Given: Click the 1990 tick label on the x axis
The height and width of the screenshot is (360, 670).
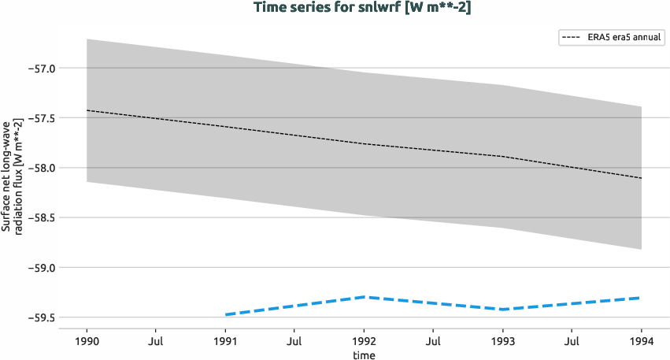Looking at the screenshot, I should tap(87, 343).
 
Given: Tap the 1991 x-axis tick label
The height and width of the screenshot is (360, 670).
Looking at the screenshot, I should tap(225, 343).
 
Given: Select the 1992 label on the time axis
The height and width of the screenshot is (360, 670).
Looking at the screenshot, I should tap(364, 343).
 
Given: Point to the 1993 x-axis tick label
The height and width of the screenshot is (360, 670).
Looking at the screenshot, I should tap(503, 343).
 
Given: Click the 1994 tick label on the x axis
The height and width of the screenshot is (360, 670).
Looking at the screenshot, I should tap(642, 343).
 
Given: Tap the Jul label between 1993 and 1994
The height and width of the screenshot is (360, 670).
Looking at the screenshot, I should tap(572, 343).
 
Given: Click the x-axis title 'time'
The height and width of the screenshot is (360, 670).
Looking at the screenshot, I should tap(364, 354).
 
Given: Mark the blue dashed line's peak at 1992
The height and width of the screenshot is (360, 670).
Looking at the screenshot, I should tap(364, 297).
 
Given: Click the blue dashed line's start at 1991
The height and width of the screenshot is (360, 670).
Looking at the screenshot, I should tap(226, 314).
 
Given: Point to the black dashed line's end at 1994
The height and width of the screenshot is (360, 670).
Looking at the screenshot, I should tap(641, 178).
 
